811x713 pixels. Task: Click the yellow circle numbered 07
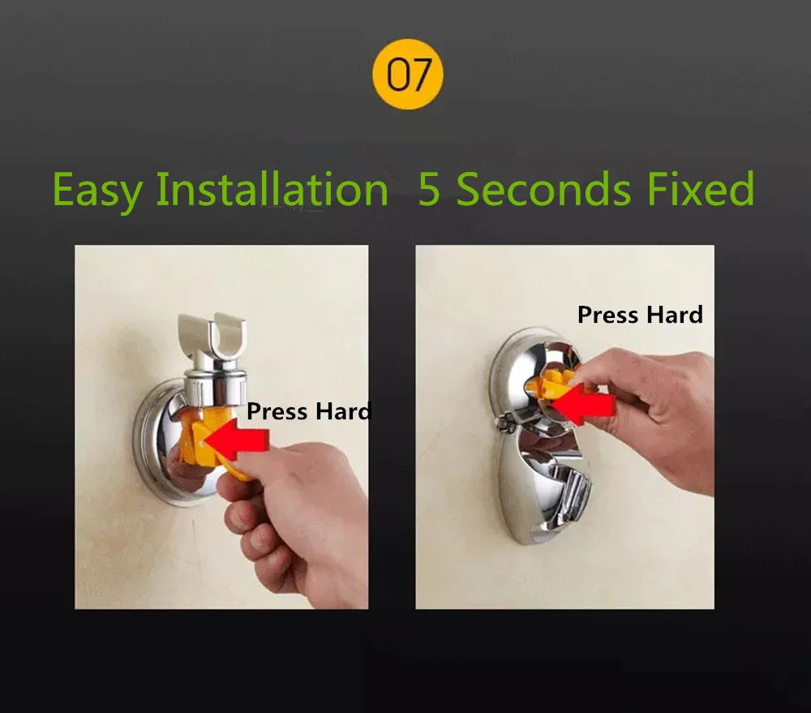(x=408, y=74)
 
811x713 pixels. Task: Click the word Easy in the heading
(x=97, y=190)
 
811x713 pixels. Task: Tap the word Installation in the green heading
(x=272, y=188)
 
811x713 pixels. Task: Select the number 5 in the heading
(x=429, y=189)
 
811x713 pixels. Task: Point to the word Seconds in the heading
(x=543, y=189)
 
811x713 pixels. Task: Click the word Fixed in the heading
(x=701, y=189)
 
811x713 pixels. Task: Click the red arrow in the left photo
(x=236, y=440)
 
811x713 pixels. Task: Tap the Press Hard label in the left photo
(x=309, y=411)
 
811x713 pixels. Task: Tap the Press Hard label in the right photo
(x=640, y=315)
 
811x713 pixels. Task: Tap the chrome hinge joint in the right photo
(x=505, y=421)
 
